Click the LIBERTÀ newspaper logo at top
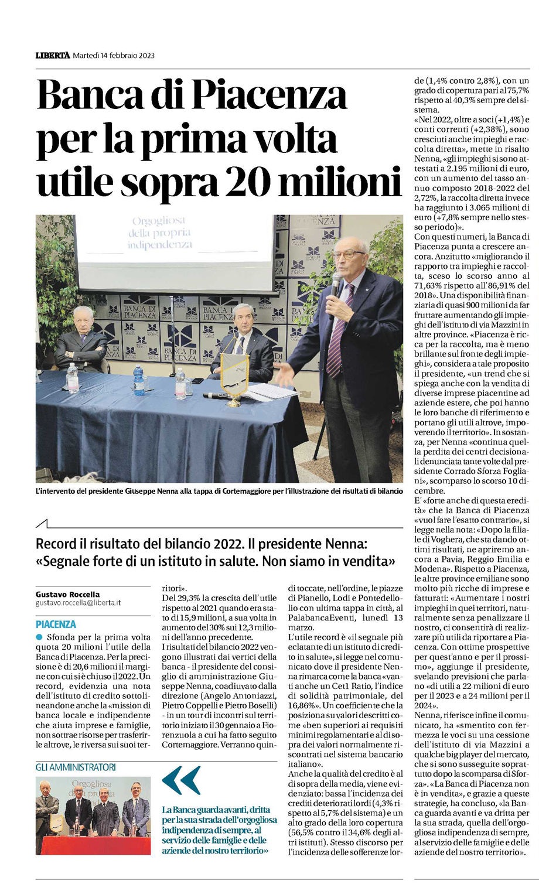(52, 56)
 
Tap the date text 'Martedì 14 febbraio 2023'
(114, 56)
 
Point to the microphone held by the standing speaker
(336, 285)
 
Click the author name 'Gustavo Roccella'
(67, 594)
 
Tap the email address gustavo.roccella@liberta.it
(78, 603)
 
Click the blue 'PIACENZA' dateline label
(56, 624)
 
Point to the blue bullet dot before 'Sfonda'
(39, 637)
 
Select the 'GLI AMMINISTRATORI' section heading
(76, 767)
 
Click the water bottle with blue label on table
(138, 380)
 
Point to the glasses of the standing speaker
(351, 254)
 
